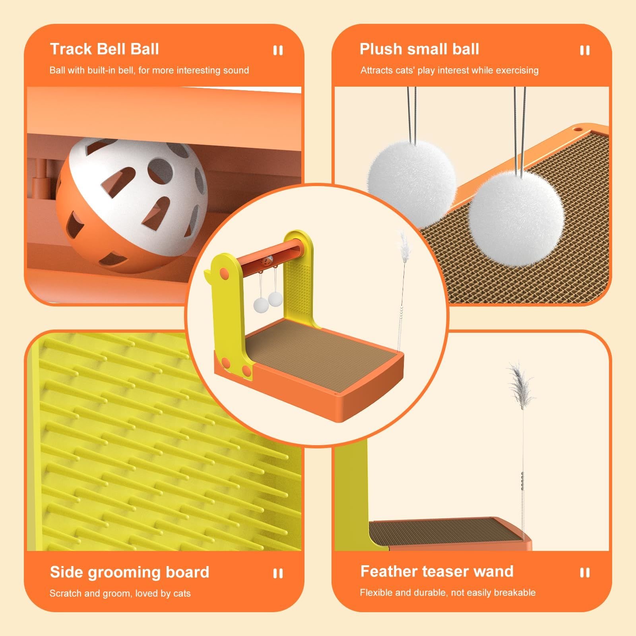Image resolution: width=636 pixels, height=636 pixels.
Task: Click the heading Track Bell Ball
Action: coord(105,49)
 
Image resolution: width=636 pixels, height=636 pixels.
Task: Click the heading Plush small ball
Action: coord(419,49)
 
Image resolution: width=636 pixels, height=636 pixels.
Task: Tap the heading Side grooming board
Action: coord(130,572)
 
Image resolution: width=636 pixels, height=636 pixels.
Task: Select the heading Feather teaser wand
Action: coord(437,571)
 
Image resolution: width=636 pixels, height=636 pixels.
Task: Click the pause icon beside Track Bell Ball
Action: coord(278,50)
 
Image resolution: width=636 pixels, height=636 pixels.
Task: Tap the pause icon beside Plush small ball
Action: coord(585,50)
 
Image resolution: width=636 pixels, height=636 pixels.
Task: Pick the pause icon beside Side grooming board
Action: coord(278,573)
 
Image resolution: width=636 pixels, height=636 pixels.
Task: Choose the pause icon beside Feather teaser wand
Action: coord(585,572)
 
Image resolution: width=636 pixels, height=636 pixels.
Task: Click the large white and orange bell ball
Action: coord(131,205)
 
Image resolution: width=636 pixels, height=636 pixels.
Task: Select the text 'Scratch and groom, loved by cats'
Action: coord(120,593)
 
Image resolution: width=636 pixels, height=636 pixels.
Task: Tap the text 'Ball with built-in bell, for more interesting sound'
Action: coord(149,70)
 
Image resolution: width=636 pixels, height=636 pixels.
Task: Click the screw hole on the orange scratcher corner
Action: coord(578,129)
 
